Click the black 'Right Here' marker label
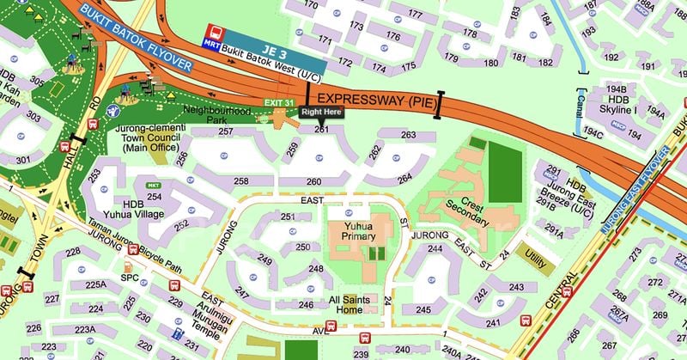click(321, 112)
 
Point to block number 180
click(490, 63)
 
